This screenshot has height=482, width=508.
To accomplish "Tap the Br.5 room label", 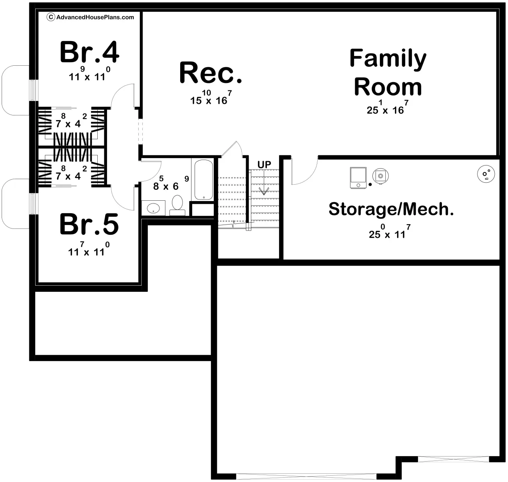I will [x=89, y=225].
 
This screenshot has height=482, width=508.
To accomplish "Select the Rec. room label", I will [x=211, y=73].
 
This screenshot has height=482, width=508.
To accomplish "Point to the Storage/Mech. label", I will [x=391, y=209].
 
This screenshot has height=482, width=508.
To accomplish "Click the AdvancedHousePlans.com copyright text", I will [x=91, y=17].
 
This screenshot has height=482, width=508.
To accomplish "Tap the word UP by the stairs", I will [x=264, y=165].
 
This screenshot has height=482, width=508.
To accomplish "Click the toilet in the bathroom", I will [x=177, y=205].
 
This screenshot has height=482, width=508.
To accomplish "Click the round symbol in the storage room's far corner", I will [x=486, y=173].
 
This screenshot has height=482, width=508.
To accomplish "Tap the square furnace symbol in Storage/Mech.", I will [x=358, y=178].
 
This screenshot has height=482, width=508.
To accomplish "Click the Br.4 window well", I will [x=14, y=89].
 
